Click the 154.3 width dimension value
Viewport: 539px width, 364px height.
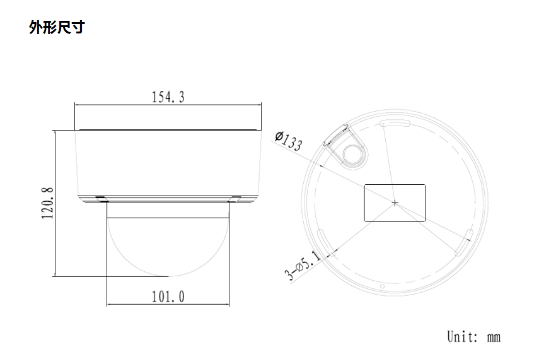[x=168, y=97]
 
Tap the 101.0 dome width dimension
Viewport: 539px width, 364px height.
[x=168, y=296]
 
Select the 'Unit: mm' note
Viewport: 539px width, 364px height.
[x=473, y=336]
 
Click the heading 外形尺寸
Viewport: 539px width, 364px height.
[x=57, y=28]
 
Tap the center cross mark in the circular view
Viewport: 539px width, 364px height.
[x=395, y=203]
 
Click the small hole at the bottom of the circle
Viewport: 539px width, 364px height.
[x=382, y=288]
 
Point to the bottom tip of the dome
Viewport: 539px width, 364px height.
[x=168, y=276]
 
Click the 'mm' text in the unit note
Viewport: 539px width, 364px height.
[x=494, y=337]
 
